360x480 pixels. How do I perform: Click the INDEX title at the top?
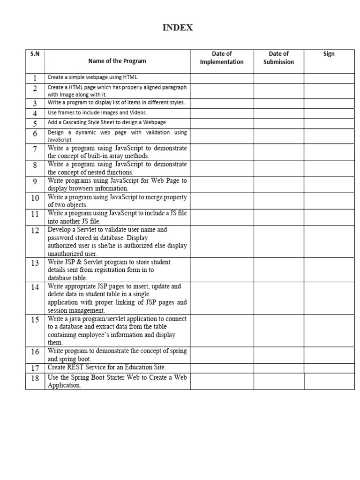click(x=178, y=28)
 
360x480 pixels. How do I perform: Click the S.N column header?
click(x=35, y=54)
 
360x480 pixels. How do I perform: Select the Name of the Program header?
click(x=117, y=61)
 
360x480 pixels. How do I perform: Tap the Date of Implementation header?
click(x=222, y=58)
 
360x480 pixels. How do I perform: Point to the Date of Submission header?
click(x=278, y=58)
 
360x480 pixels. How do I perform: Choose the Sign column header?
click(x=329, y=54)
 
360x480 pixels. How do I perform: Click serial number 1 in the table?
click(x=35, y=78)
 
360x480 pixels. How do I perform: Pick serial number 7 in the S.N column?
click(x=35, y=149)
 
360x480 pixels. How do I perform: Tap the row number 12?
click(x=35, y=231)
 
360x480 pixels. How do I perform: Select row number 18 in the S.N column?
click(x=35, y=378)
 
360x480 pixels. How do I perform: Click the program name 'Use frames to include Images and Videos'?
click(x=97, y=112)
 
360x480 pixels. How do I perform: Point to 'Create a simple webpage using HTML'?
click(x=93, y=77)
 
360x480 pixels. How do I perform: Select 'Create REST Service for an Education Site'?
click(x=107, y=367)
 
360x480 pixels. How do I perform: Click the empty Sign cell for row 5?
click(x=329, y=123)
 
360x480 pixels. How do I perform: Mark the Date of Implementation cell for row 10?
click(x=222, y=201)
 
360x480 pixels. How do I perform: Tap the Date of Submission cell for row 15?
click(x=278, y=330)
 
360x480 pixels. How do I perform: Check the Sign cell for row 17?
click(x=329, y=368)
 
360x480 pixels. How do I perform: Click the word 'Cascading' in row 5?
click(x=89, y=122)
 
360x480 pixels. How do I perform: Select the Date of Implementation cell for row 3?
click(x=222, y=103)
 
